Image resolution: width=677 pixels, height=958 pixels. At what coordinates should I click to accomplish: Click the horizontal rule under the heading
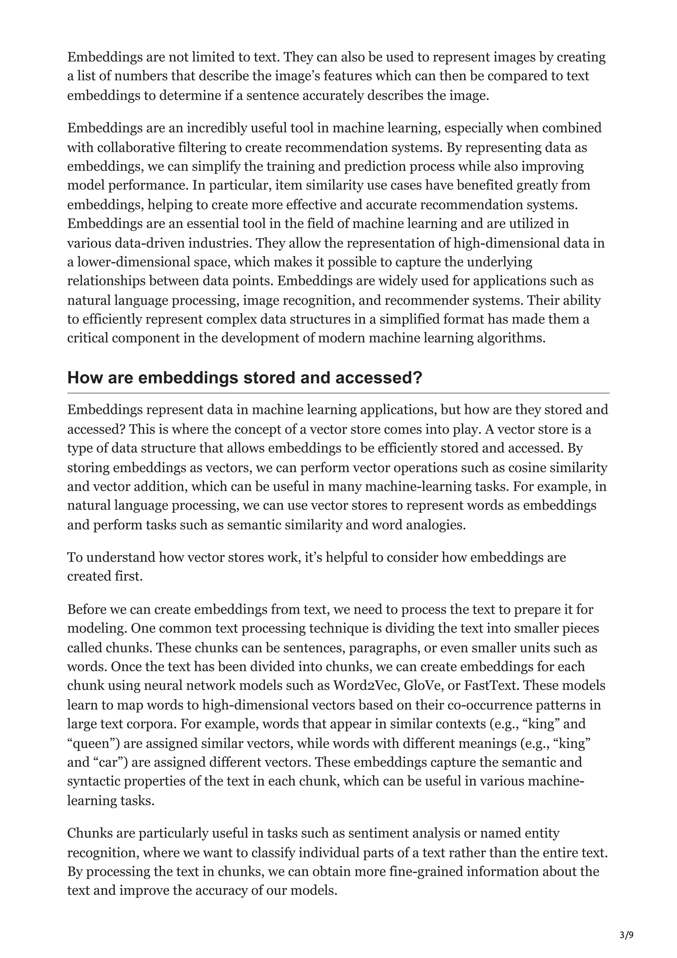(338, 393)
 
